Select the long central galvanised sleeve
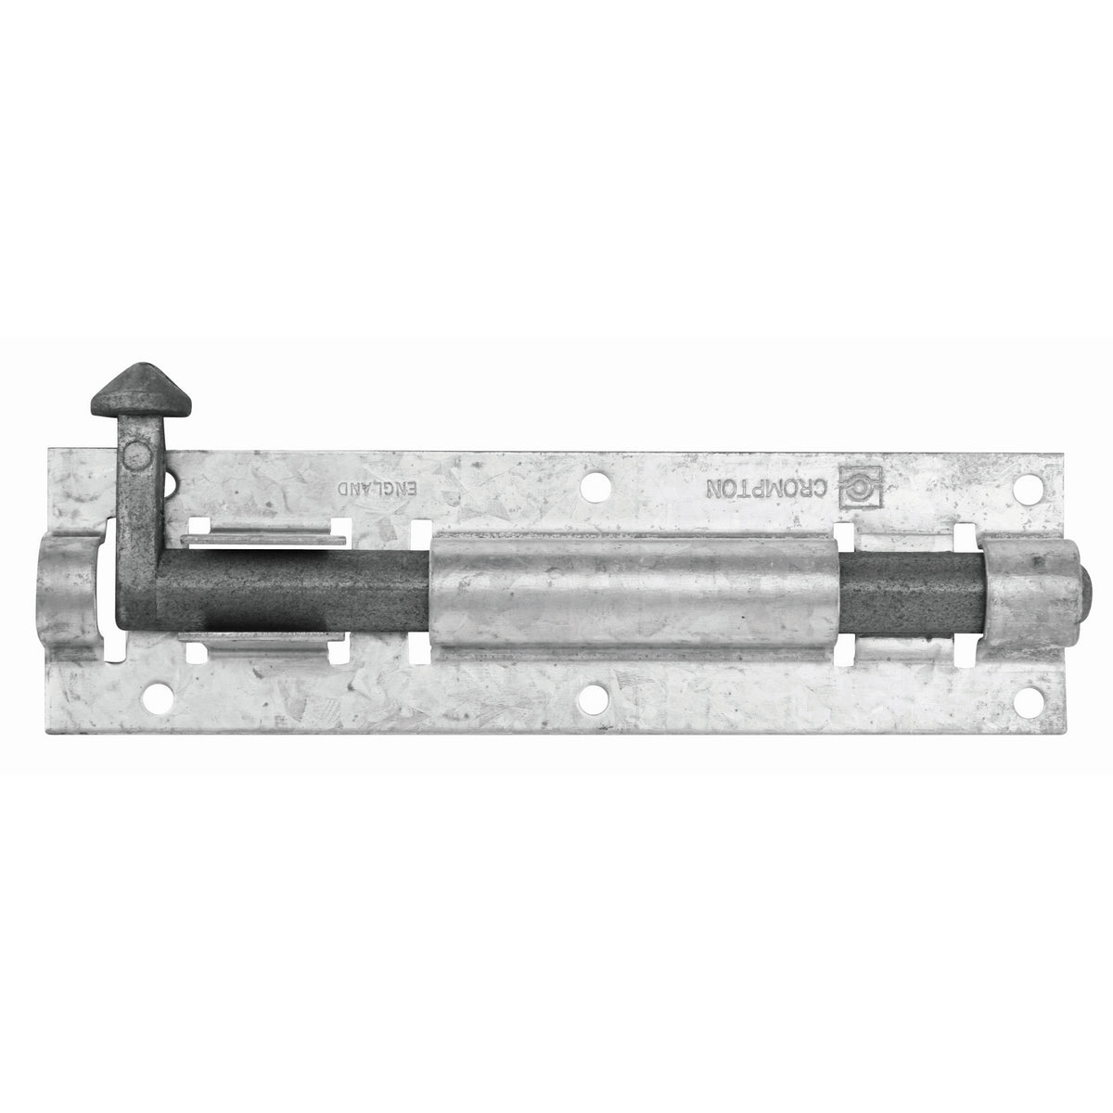pyautogui.click(x=635, y=595)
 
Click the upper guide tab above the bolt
pyautogui.click(x=263, y=539)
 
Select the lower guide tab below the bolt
pyautogui.click(x=263, y=642)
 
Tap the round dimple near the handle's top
pyautogui.click(x=136, y=454)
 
